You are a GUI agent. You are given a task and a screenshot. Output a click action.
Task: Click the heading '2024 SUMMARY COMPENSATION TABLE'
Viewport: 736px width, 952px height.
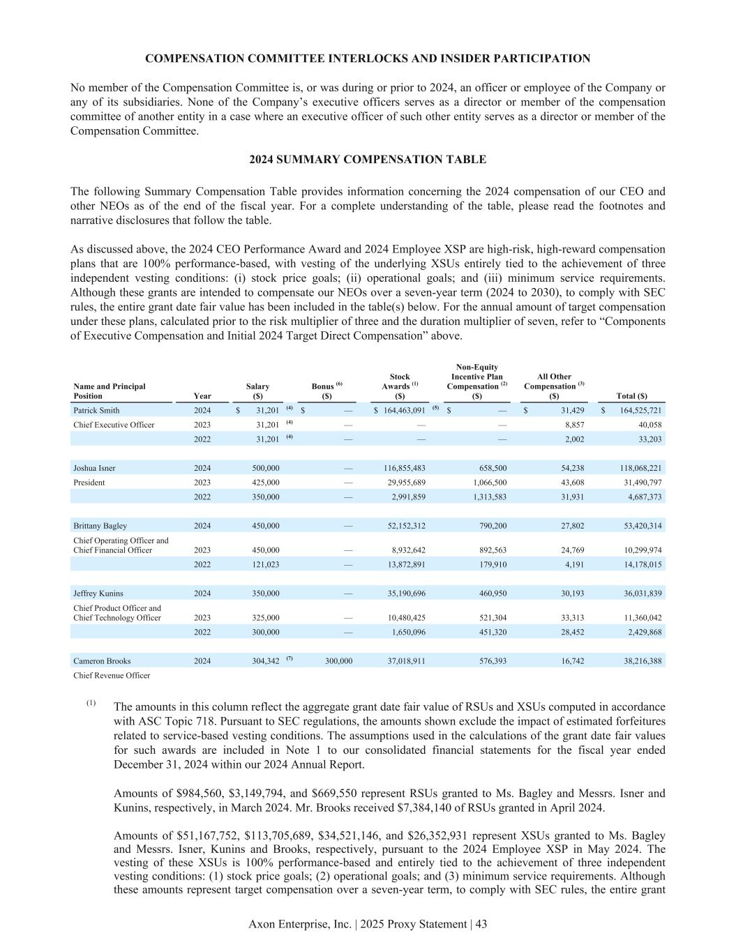368,160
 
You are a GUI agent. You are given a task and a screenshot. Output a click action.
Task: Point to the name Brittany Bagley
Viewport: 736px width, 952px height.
100,526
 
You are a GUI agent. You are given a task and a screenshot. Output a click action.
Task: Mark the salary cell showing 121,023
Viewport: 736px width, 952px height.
265,564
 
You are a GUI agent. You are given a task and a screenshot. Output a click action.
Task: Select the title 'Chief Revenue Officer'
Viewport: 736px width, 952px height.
112,675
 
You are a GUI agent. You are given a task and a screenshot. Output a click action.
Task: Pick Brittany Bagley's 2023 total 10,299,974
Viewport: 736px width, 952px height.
640,550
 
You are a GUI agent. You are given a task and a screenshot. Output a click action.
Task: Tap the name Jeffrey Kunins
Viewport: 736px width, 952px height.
98,594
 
